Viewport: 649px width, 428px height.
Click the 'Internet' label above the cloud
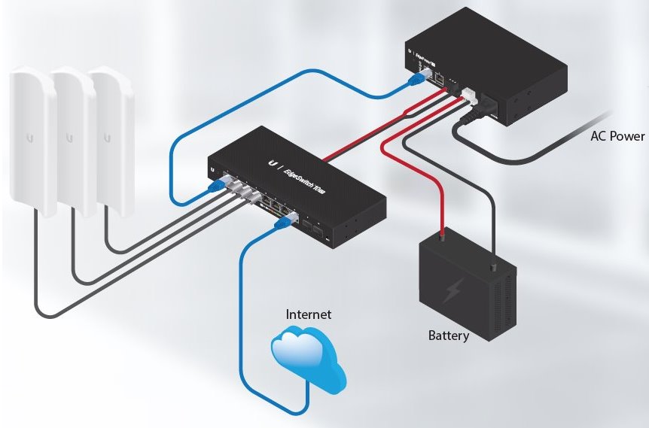309,314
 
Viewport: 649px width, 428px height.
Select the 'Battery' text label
449,335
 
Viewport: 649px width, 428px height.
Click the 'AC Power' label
617,136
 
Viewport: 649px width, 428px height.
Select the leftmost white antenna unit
30,143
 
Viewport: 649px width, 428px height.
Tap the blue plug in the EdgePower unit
416,75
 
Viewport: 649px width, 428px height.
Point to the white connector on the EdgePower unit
468,96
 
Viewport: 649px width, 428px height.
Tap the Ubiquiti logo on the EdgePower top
410,53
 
